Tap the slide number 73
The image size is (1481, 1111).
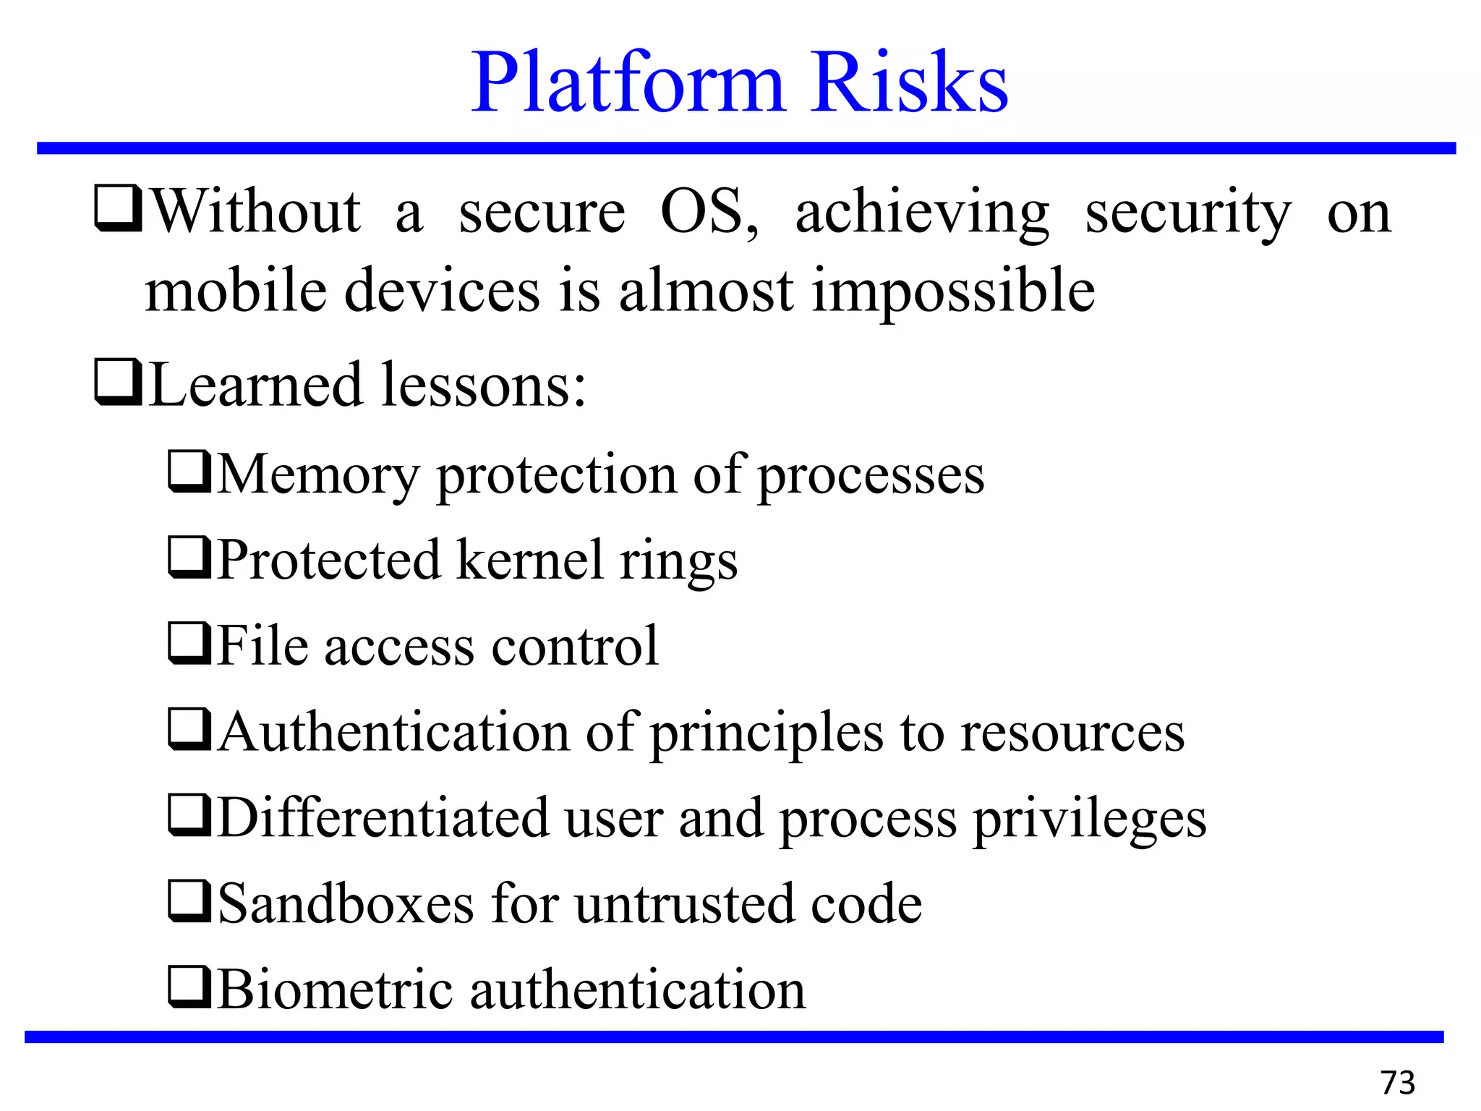point(1397,1083)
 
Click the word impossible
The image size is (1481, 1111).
point(953,291)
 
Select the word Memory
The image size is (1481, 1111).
point(318,475)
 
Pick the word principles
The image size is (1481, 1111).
point(767,733)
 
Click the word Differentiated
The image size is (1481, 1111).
point(383,817)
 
